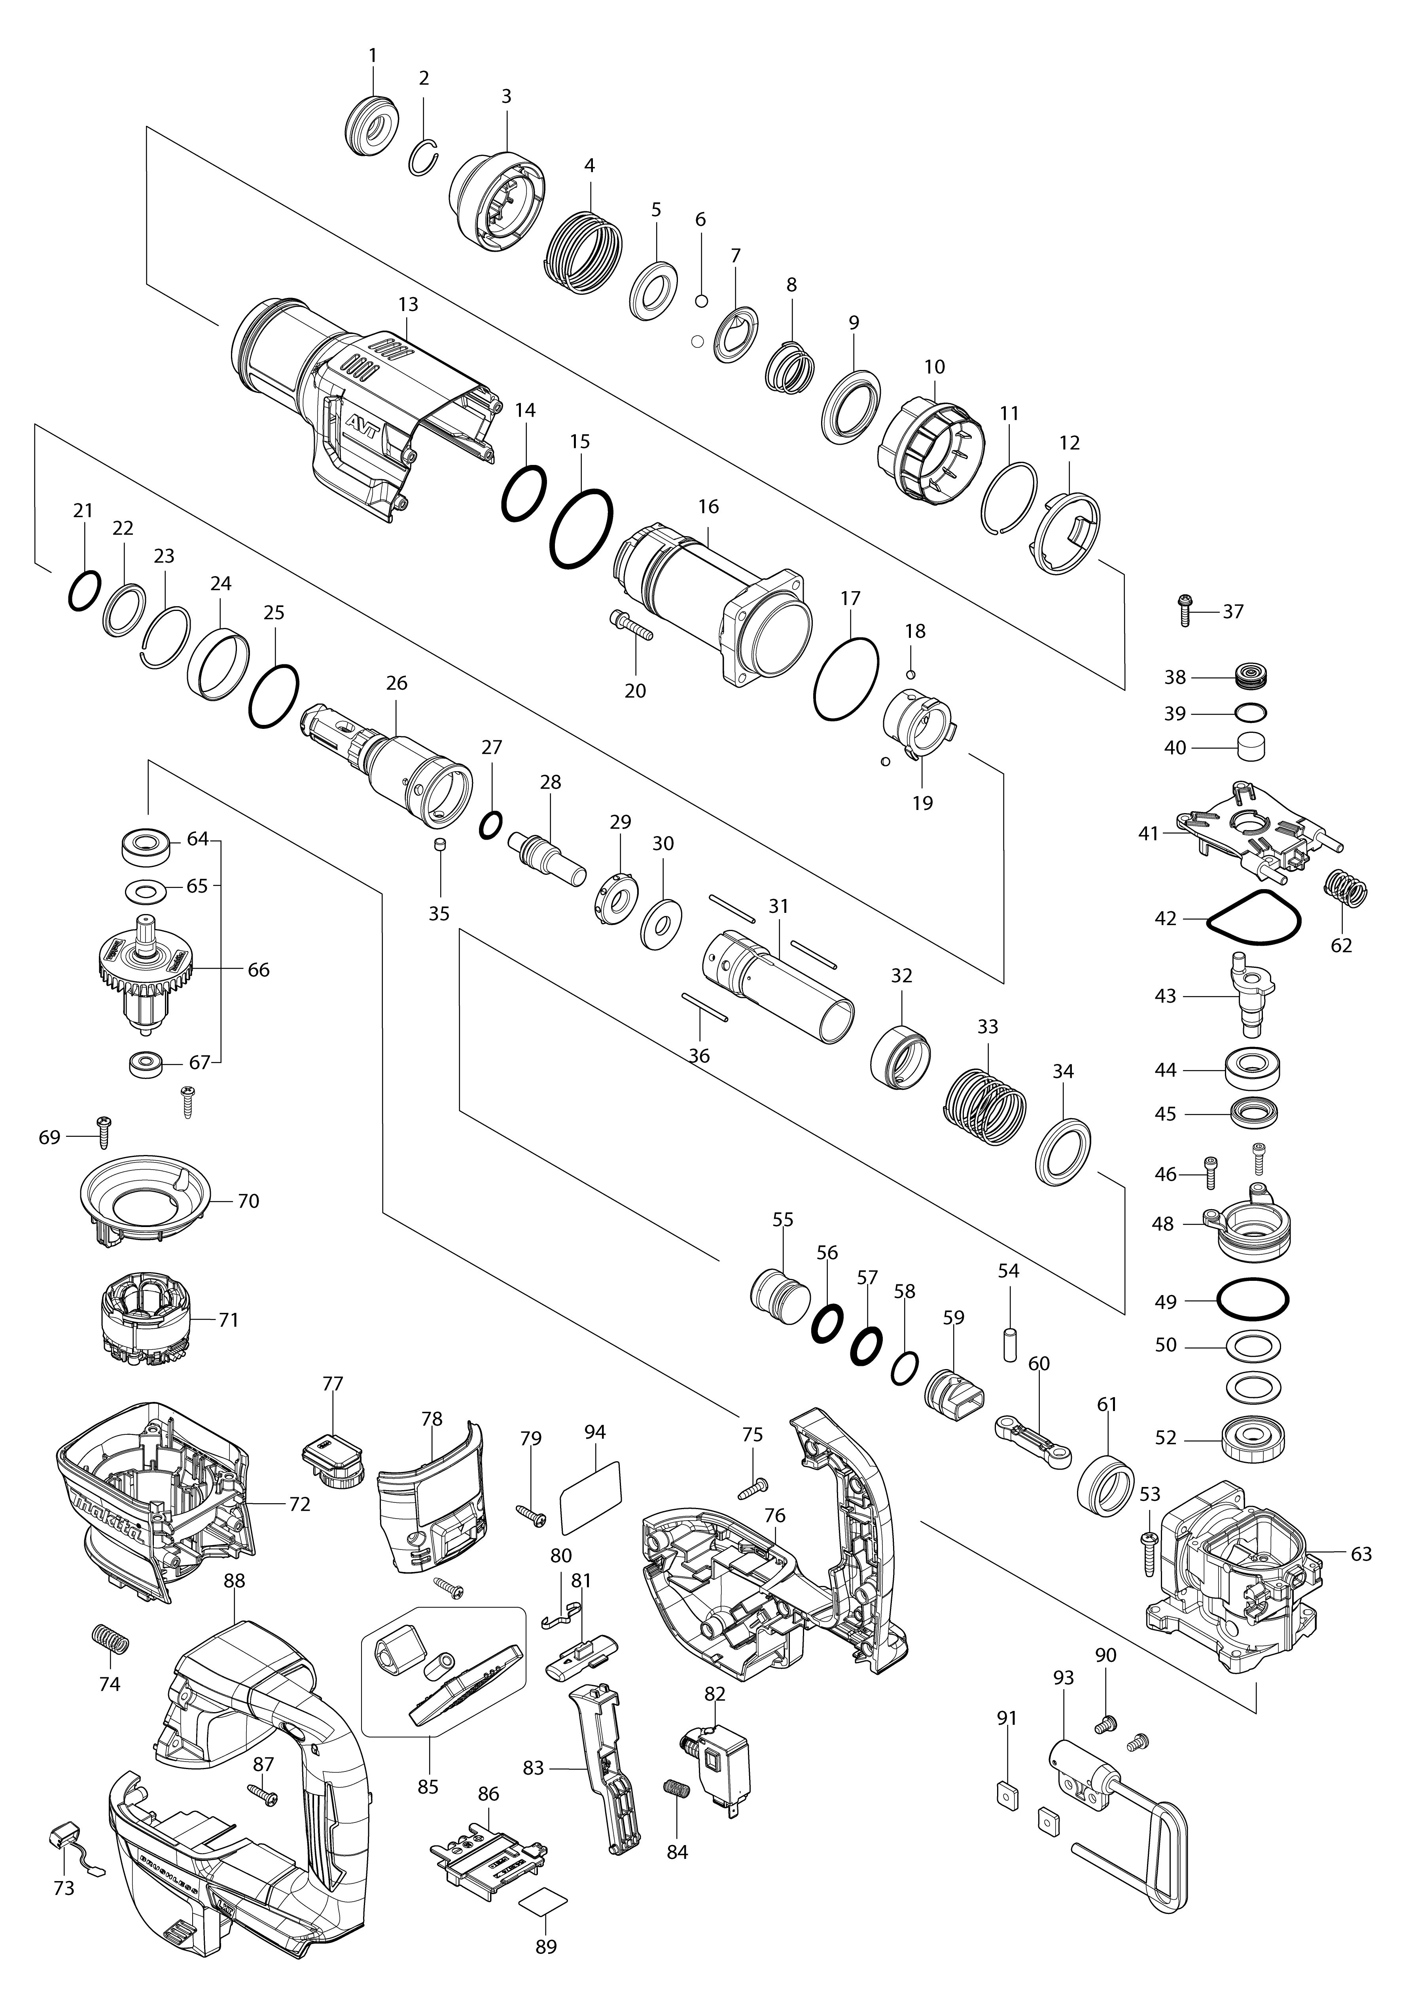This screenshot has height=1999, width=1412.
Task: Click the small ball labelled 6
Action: [701, 301]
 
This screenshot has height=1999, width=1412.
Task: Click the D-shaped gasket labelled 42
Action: [1253, 918]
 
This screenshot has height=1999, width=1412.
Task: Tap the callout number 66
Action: [259, 970]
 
